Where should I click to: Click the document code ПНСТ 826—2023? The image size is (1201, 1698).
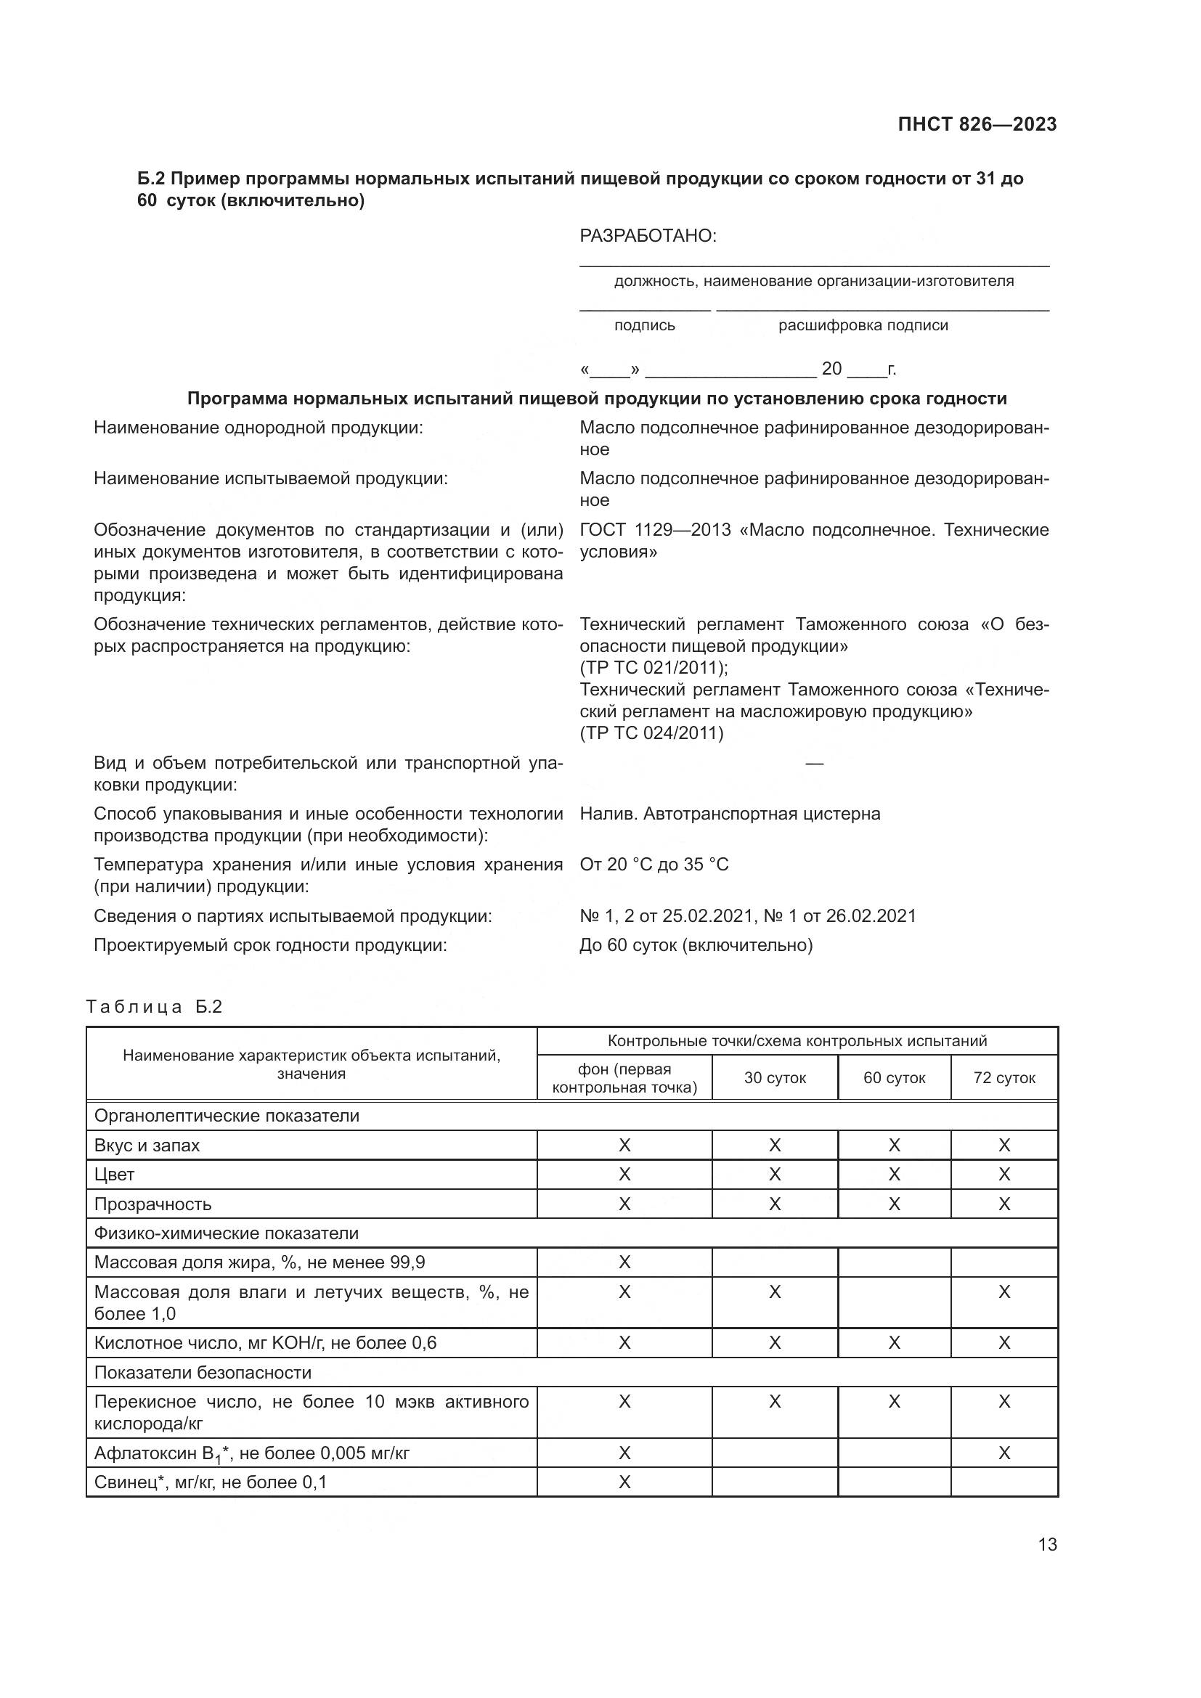(977, 124)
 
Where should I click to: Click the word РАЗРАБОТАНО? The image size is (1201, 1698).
(648, 236)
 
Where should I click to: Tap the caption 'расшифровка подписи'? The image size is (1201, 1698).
(863, 325)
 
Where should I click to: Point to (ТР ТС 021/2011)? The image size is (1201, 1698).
(654, 668)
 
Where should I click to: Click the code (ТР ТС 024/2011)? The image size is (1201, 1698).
(651, 733)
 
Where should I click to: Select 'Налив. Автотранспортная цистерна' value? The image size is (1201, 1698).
(730, 814)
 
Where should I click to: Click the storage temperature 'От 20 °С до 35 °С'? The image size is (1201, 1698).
(654, 865)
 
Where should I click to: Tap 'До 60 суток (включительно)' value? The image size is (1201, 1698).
(696, 945)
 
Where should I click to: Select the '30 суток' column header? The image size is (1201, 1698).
(774, 1077)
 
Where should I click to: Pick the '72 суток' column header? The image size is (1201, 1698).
(1003, 1077)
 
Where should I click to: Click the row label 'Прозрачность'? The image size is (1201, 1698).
(152, 1204)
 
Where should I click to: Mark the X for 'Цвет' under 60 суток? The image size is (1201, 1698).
(894, 1175)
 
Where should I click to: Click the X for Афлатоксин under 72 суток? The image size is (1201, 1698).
(1003, 1453)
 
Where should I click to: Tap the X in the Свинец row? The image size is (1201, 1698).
(624, 1482)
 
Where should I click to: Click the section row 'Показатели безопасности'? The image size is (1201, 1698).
(203, 1373)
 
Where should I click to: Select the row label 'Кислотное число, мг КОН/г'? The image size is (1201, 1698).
(265, 1343)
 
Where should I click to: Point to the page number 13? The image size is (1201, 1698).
(1047, 1545)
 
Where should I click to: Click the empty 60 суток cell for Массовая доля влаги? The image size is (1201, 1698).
(894, 1302)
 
